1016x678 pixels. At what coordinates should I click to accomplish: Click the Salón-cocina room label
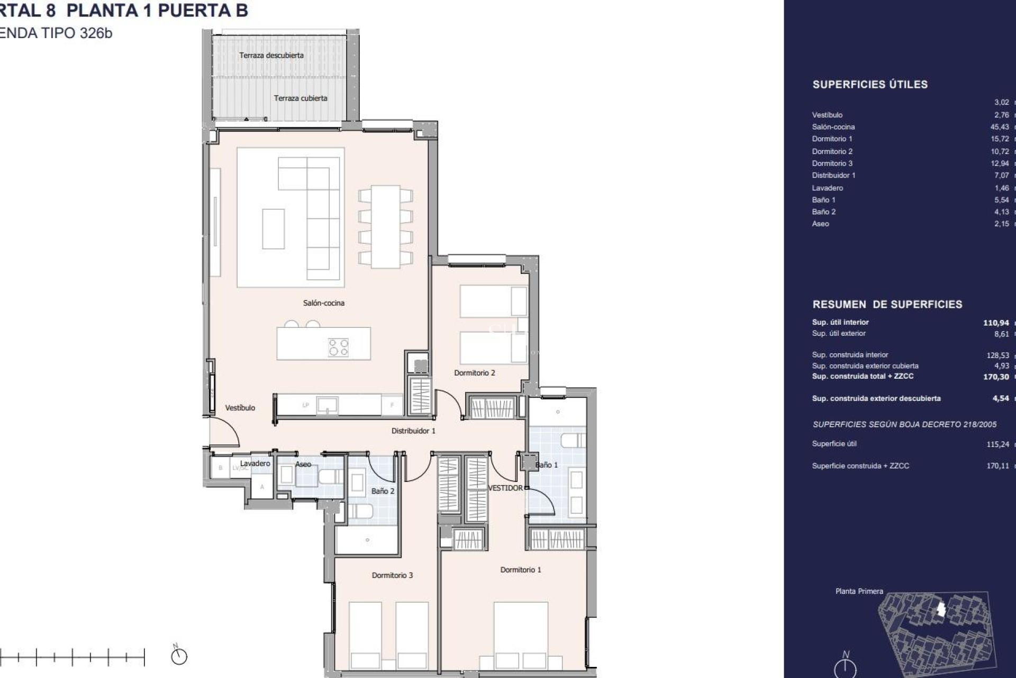(323, 303)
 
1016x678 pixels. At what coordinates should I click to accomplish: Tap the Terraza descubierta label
(271, 55)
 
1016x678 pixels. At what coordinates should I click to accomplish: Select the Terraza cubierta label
(300, 98)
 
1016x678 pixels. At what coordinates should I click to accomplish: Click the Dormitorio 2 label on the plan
(474, 373)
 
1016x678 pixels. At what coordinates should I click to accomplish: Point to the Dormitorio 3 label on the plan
(392, 575)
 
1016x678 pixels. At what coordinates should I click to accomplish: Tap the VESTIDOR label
(505, 488)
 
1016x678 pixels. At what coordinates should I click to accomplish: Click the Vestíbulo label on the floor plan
(240, 408)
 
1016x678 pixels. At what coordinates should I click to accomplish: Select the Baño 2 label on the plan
(382, 491)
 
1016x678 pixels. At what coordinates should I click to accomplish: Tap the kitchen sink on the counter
(327, 405)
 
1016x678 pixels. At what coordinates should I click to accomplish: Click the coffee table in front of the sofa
(273, 228)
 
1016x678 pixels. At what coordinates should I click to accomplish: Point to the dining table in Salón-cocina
(385, 226)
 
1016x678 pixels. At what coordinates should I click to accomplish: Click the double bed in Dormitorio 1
(521, 636)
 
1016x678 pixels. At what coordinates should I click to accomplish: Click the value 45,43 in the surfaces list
(999, 127)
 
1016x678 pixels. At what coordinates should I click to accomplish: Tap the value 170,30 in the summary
(995, 377)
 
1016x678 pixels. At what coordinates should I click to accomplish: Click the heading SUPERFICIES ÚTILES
(869, 85)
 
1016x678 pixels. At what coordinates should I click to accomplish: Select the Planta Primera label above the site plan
(859, 591)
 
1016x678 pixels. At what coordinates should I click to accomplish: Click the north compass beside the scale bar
(179, 656)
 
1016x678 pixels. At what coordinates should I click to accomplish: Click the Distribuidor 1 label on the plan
(413, 431)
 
